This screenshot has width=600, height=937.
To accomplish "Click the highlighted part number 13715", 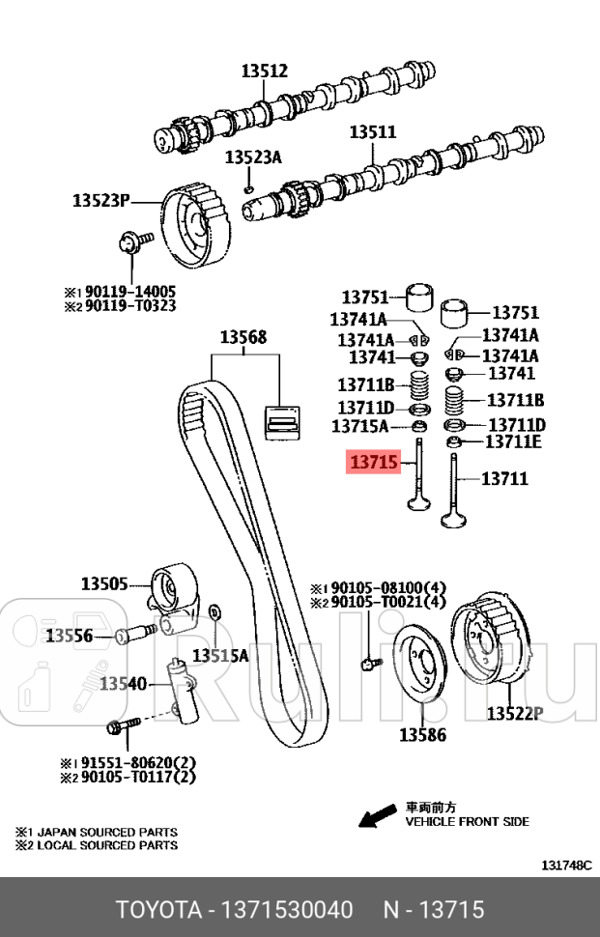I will pyautogui.click(x=373, y=464).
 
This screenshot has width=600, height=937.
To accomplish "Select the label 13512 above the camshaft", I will pyautogui.click(x=264, y=71).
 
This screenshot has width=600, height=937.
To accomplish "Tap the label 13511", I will pyautogui.click(x=372, y=131).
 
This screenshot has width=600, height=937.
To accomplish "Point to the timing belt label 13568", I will pyautogui.click(x=243, y=337).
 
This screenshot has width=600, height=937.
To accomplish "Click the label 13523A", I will pyautogui.click(x=253, y=156).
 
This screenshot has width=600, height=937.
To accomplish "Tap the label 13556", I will pyautogui.click(x=70, y=635).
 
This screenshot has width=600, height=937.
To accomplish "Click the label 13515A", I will pyautogui.click(x=219, y=656).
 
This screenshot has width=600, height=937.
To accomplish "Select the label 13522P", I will pyautogui.click(x=514, y=714).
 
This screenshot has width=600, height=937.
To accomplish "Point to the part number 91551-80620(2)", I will pyautogui.click(x=139, y=761).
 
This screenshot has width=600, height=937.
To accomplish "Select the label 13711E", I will pyautogui.click(x=512, y=442).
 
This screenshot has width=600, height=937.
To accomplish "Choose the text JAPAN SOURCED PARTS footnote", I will pyautogui.click(x=104, y=832).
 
